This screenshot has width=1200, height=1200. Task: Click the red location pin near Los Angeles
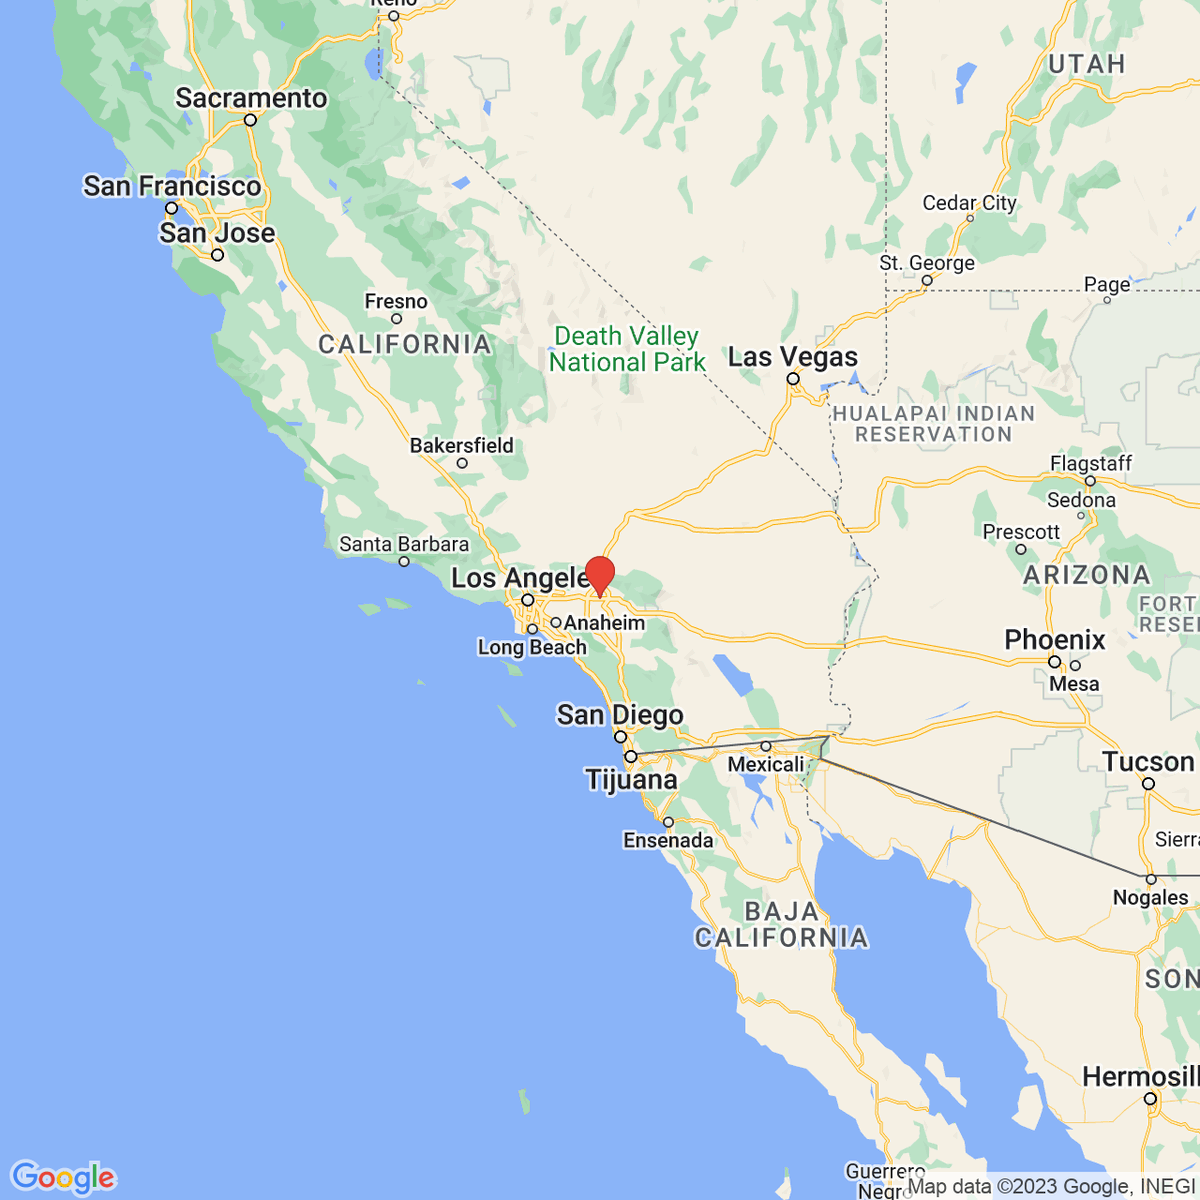[599, 574]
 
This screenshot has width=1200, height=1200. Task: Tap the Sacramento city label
[251, 98]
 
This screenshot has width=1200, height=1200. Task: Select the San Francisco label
[172, 186]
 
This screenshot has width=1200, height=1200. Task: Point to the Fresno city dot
[396, 319]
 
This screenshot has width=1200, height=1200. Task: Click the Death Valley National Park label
[627, 349]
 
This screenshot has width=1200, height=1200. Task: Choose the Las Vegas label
[792, 357]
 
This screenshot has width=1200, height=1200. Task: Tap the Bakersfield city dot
[462, 463]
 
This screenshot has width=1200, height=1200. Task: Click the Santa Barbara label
[404, 544]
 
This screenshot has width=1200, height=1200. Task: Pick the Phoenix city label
[1055, 640]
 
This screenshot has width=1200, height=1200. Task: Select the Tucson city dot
[1149, 784]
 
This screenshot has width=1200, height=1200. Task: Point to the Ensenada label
[668, 840]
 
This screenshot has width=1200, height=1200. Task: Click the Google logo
[62, 1178]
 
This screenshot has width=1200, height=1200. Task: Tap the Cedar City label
[969, 203]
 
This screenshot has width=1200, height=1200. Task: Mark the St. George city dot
[927, 281]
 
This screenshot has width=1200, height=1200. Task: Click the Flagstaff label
[1091, 463]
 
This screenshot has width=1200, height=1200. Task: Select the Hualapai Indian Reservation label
[934, 424]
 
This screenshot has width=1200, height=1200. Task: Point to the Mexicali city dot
[766, 746]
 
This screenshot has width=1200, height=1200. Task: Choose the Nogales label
[1150, 897]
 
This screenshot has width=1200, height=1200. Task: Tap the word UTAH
[1086, 64]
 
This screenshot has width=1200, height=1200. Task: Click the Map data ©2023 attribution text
[1050, 1187]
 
